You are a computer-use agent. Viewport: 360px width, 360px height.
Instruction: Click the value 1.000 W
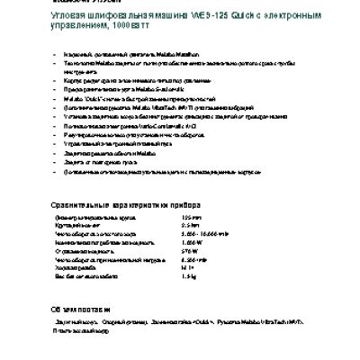tap(193, 243)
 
